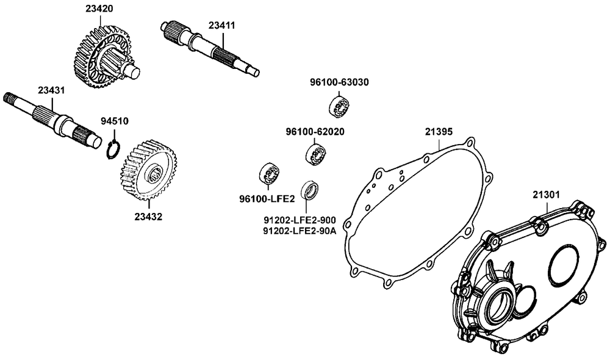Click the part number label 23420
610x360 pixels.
click(99, 9)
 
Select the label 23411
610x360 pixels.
click(221, 26)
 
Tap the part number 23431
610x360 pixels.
click(51, 90)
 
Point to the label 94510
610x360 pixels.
click(114, 121)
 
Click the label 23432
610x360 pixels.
click(149, 216)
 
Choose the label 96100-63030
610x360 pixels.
click(339, 82)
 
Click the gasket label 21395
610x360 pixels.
click(439, 132)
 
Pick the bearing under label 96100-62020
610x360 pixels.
click(315, 154)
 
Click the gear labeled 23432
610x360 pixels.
click(146, 172)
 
